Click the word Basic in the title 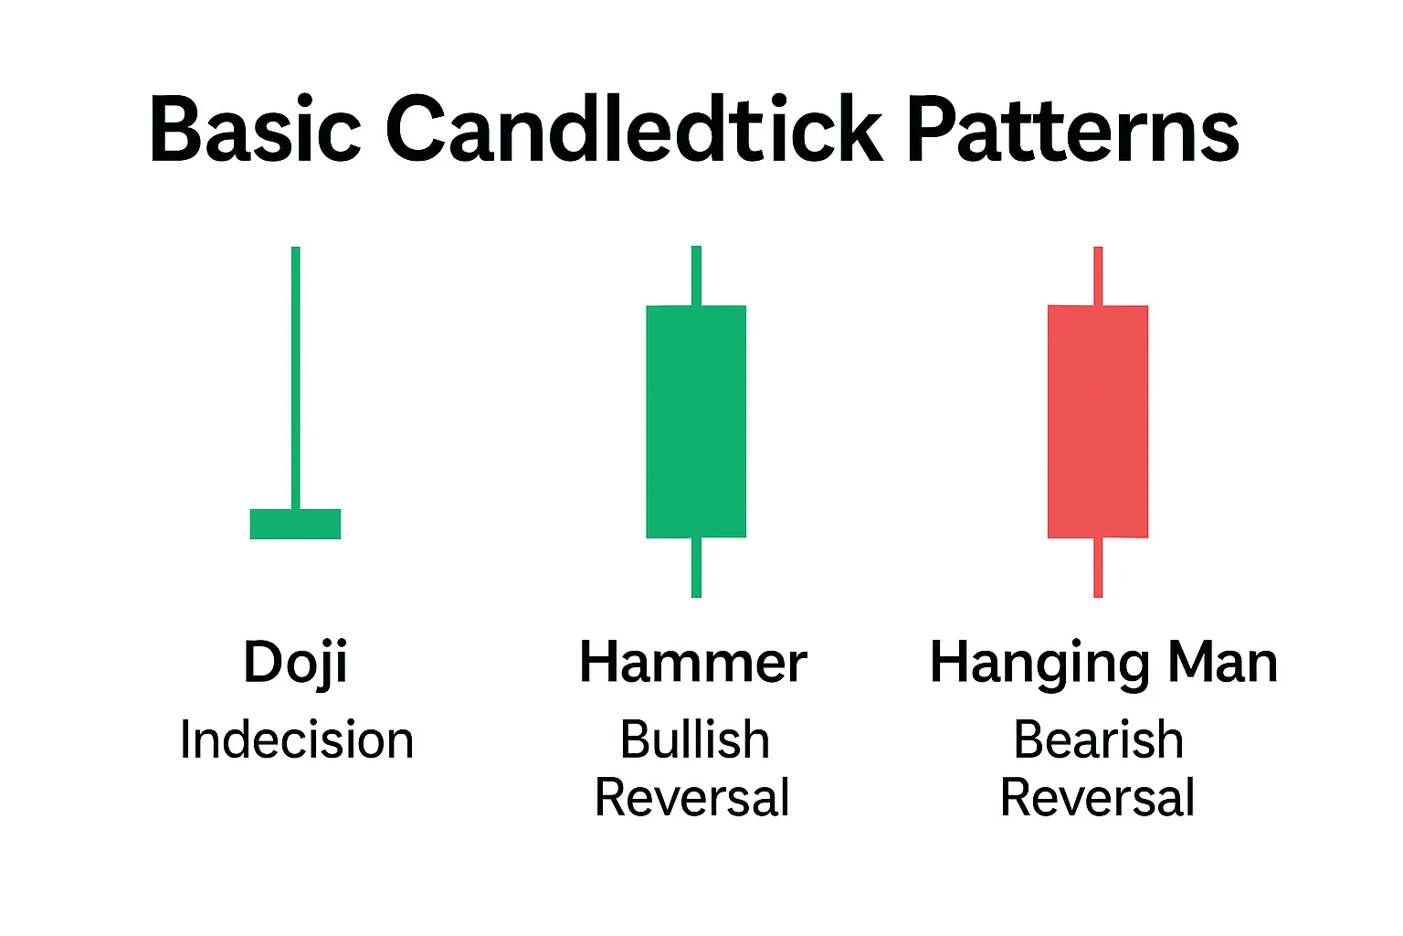tap(255, 129)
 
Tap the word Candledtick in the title tap(635, 128)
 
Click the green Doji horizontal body tap(295, 524)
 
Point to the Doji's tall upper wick tap(296, 378)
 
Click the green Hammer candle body tap(696, 421)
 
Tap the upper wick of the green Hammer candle tap(696, 276)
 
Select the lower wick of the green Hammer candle tap(696, 568)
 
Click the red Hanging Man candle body tap(1098, 421)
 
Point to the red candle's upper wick tap(1098, 276)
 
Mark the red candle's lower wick tap(1098, 568)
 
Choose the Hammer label tap(693, 661)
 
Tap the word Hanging tap(1040, 665)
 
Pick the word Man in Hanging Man tap(1223, 661)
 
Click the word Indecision tap(297, 739)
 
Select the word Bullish tap(695, 739)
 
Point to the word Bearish tap(1099, 739)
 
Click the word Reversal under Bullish tap(692, 797)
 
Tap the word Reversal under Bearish tap(1098, 797)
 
